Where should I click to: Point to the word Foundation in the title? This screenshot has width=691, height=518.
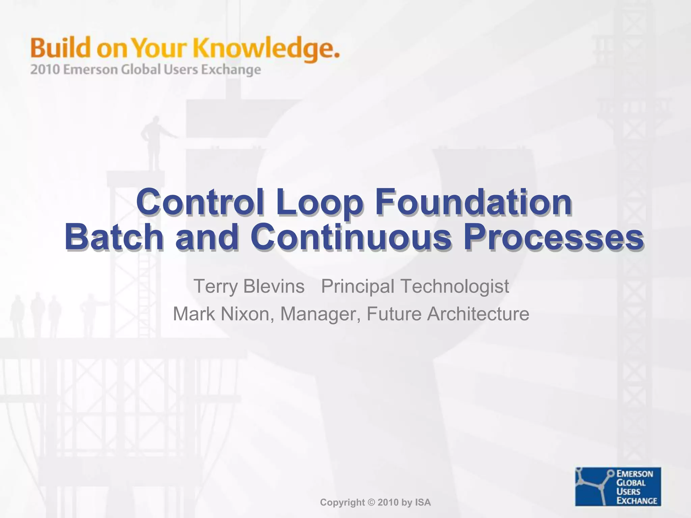pos(473,202)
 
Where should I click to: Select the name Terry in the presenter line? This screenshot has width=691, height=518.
pos(216,287)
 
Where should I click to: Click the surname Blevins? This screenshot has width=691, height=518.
pos(274,286)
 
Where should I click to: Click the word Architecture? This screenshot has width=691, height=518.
pos(478,314)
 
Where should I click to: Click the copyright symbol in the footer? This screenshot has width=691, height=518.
pos(371,502)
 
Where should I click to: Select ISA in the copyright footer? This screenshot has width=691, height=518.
pos(423,502)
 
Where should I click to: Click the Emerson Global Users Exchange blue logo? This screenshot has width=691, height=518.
pos(618,486)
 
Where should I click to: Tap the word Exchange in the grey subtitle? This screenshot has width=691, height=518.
pos(231,70)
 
